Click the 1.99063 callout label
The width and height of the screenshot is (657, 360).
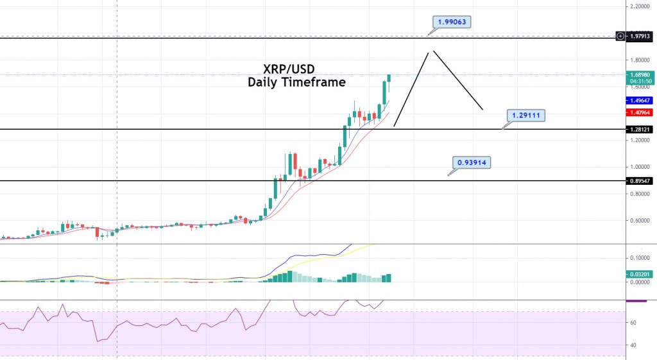(452, 22)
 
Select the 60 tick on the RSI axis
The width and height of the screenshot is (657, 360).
(633, 323)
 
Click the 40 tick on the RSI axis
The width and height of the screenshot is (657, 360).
(633, 345)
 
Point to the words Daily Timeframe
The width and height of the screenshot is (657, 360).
(296, 82)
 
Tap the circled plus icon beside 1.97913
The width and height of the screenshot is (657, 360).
(620, 36)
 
